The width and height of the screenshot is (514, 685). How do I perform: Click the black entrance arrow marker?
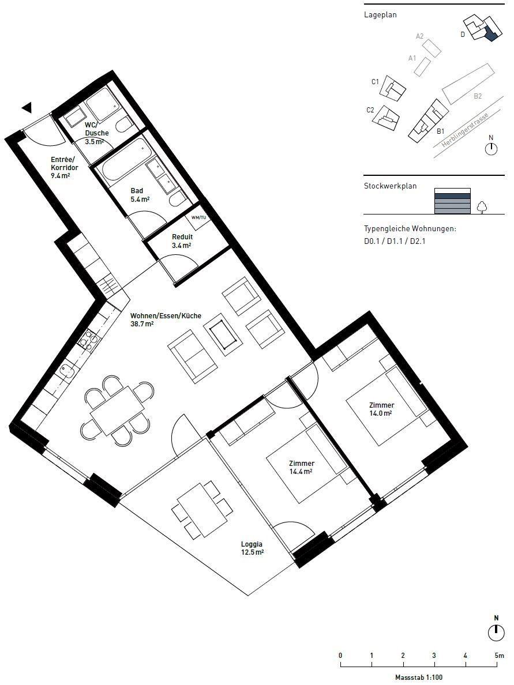[27, 107]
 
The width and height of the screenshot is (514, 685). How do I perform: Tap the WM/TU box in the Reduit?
[198, 217]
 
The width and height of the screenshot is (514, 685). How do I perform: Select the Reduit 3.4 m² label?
[182, 241]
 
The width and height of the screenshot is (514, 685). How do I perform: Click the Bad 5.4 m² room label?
[140, 195]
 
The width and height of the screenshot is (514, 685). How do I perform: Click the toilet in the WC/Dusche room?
[125, 124]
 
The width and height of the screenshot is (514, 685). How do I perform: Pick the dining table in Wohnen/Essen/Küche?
[117, 411]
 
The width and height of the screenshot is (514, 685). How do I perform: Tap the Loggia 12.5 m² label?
[252, 548]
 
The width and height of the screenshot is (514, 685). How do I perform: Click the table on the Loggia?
[202, 510]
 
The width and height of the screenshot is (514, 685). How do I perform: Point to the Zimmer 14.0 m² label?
[381, 409]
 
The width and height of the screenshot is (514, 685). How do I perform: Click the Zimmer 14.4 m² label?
[302, 468]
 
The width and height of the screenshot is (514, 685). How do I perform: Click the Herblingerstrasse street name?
[464, 129]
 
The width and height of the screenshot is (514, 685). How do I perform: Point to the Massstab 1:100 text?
[419, 678]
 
